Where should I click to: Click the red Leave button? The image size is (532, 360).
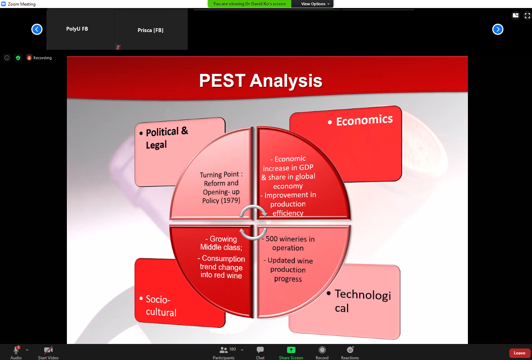[519, 353]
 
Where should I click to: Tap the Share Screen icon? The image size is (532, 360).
[291, 350]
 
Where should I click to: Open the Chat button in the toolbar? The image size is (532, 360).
[260, 350]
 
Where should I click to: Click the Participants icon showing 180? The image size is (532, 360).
[223, 350]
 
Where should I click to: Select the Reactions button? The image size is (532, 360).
[350, 350]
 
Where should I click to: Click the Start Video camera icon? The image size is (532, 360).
[48, 350]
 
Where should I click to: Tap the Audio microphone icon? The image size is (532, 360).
[16, 350]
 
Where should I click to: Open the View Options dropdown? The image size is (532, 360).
[315, 4]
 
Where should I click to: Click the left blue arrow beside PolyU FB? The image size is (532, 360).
[37, 29]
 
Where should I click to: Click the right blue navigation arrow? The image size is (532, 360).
[498, 29]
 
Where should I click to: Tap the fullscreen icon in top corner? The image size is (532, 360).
[527, 16]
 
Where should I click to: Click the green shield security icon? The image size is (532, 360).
[18, 58]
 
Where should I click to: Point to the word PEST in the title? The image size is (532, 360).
[222, 80]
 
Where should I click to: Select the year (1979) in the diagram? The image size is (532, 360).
[231, 200]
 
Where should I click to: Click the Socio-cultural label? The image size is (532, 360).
[161, 306]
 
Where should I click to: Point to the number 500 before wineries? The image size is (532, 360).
[271, 239]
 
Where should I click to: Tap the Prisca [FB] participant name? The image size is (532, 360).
[151, 30]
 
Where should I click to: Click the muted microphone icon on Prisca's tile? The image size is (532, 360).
[118, 47]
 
